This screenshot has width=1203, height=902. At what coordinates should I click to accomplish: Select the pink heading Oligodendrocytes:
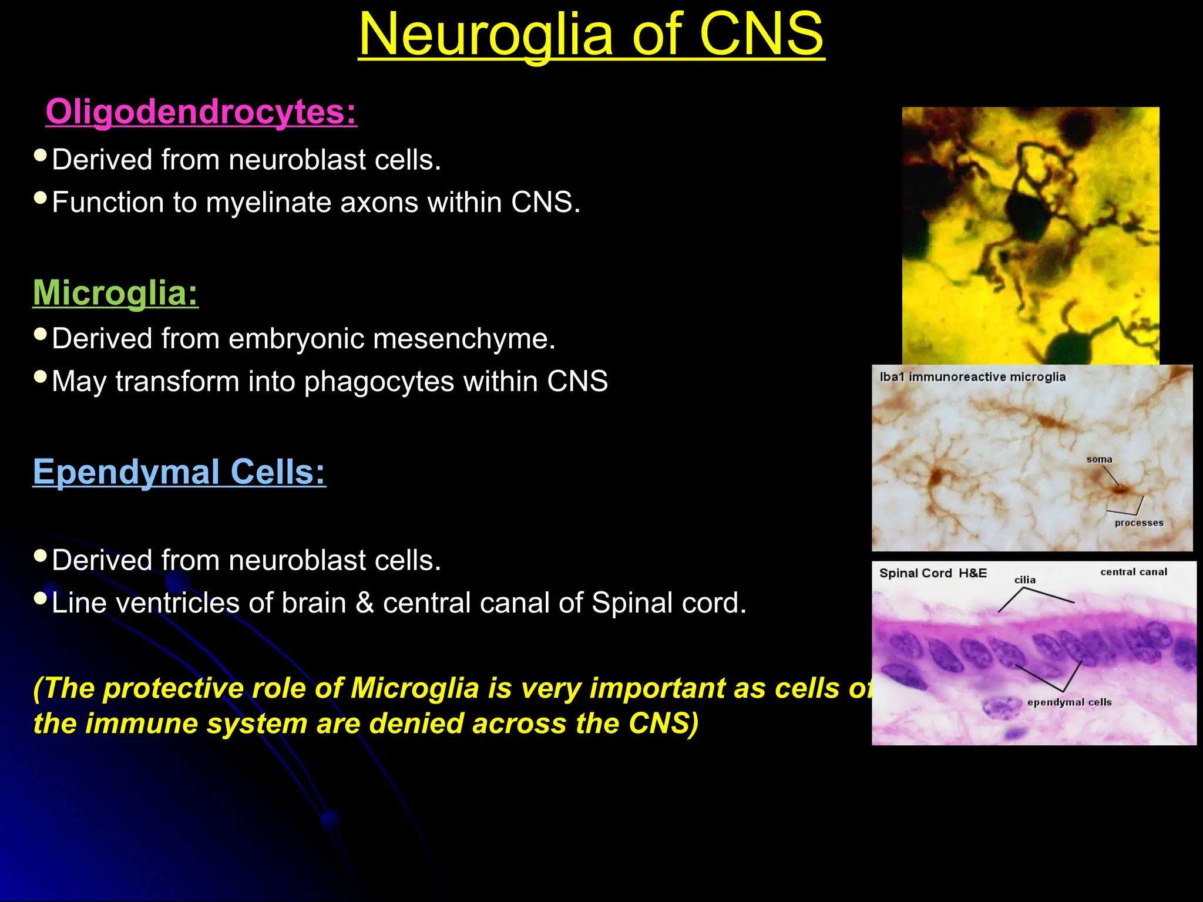pos(201,112)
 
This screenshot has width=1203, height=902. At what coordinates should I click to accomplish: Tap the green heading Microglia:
pos(116,292)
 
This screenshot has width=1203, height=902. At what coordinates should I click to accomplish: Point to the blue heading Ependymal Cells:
pos(179,472)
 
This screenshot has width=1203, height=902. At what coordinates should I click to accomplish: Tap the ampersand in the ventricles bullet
pos(365,603)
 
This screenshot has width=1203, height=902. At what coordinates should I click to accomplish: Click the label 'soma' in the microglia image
pos(1099,460)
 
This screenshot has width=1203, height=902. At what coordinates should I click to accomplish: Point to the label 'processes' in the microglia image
pos(1139,523)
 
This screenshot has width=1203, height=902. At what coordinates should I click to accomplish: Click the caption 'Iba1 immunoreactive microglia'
pos(972,377)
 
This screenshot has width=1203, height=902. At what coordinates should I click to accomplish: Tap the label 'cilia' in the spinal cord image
pos(1025,580)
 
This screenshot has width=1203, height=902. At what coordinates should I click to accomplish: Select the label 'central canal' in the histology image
pos(1134,572)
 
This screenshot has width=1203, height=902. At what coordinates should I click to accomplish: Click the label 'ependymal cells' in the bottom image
pos(1069,702)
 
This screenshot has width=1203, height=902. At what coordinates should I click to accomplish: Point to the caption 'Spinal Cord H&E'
pos(933,573)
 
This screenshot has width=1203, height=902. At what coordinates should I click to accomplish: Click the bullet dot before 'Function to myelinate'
pos(41,198)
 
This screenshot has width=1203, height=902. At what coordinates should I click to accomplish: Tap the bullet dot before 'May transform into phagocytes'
pos(41,377)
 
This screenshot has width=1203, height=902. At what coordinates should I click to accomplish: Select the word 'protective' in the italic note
pos(173,688)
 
